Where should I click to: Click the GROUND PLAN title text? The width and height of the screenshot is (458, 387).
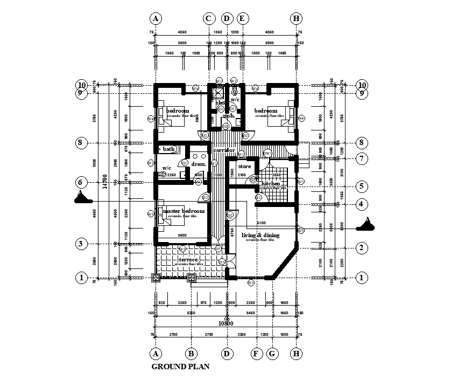[180, 367]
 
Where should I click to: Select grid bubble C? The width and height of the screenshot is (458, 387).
[209, 18]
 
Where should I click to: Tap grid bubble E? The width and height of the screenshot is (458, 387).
[242, 18]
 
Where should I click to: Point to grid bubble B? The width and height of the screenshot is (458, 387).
[191, 354]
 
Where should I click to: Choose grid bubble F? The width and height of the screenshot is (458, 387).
[256, 354]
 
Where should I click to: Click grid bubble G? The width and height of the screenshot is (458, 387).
[273, 354]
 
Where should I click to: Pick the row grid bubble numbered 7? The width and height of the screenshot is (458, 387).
[362, 159]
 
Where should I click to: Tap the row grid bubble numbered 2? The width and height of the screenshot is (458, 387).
[362, 248]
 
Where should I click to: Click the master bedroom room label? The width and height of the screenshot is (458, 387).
[184, 211]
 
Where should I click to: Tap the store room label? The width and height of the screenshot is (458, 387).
[245, 167]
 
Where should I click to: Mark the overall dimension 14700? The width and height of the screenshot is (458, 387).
[106, 181]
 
